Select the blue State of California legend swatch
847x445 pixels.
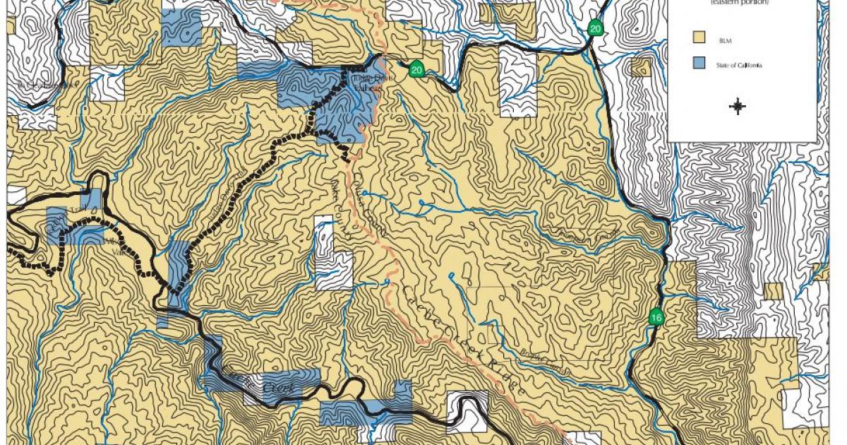[x=700, y=64]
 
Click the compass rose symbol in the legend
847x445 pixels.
[x=738, y=107]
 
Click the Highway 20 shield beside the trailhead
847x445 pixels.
[x=416, y=69]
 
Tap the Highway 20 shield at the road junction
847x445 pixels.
[x=596, y=28]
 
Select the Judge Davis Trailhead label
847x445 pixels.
[x=367, y=83]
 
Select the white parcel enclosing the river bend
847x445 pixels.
[x=467, y=411]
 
